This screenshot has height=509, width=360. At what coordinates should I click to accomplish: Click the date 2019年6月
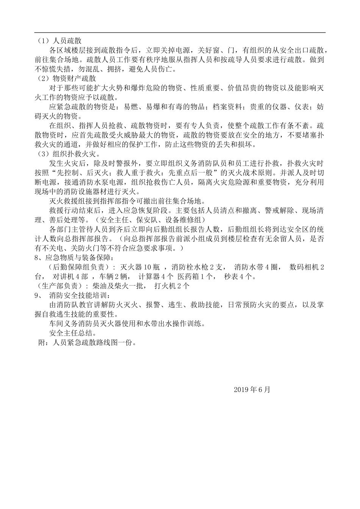[252, 389]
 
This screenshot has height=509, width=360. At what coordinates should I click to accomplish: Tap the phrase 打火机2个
[172, 286]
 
